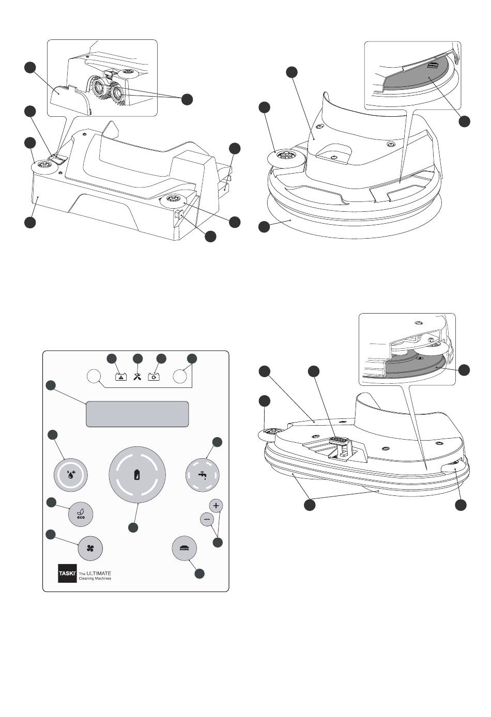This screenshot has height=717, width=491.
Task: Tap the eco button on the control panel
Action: [x=81, y=514]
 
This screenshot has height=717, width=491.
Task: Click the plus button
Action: [x=216, y=505]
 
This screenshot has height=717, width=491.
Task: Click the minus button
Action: [x=207, y=519]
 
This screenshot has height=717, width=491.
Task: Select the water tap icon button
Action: [x=203, y=475]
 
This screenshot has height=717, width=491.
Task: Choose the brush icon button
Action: [x=184, y=548]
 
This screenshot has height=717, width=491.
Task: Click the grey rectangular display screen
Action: [x=137, y=414]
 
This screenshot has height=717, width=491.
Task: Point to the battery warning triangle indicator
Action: [x=120, y=377]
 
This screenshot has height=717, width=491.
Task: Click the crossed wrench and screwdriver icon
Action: [x=137, y=377]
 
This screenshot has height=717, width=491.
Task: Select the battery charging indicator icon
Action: [x=154, y=377]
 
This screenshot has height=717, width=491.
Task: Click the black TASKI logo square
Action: [x=67, y=573]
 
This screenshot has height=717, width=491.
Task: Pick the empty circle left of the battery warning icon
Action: [x=94, y=376]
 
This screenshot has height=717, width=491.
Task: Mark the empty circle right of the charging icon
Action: [x=180, y=376]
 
